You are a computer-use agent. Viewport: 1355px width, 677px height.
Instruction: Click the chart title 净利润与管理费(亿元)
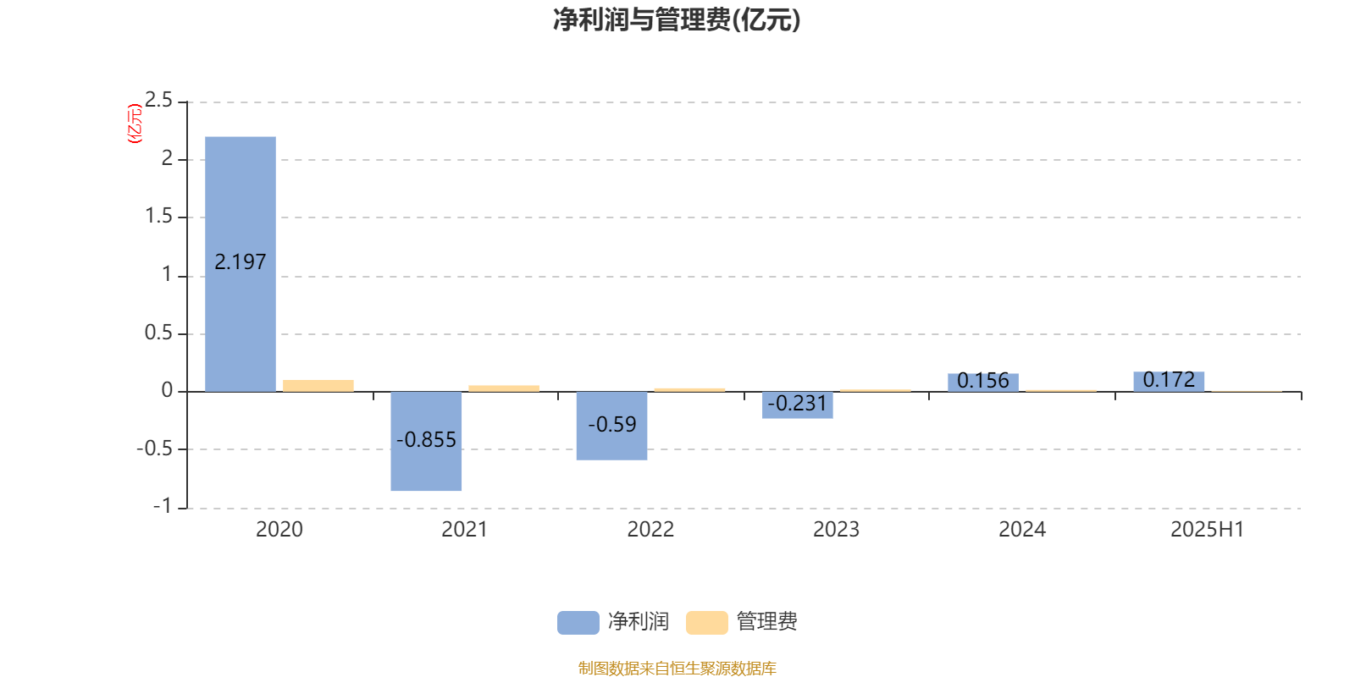677,20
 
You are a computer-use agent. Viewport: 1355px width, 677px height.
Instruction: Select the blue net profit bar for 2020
241,264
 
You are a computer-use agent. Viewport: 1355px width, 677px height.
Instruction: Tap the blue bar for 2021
426,441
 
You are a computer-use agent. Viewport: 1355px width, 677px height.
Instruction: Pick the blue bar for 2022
611,427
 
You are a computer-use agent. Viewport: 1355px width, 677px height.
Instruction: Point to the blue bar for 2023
797,405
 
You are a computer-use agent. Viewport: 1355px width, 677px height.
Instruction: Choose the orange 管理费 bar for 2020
318,386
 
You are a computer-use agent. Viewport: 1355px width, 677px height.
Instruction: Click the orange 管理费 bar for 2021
504,388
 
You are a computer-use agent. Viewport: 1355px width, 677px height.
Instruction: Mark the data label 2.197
241,261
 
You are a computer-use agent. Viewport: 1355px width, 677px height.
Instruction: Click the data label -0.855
426,439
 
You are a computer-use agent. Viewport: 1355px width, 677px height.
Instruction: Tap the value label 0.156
983,380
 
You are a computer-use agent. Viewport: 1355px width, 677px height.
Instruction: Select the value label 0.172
1169,380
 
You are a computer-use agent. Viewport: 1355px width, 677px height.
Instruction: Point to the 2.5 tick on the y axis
158,100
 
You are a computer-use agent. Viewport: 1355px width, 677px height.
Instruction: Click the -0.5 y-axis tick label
155,449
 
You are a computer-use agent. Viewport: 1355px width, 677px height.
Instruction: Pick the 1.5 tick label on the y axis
158,216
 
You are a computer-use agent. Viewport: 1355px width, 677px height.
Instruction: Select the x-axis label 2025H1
1208,530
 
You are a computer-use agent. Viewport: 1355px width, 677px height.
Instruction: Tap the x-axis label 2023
836,530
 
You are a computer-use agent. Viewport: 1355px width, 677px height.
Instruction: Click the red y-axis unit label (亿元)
135,124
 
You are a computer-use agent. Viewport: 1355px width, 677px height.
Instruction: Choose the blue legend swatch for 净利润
578,623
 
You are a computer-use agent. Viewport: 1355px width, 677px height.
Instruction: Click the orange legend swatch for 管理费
706,623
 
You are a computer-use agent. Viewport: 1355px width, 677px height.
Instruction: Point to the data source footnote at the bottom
677,668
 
